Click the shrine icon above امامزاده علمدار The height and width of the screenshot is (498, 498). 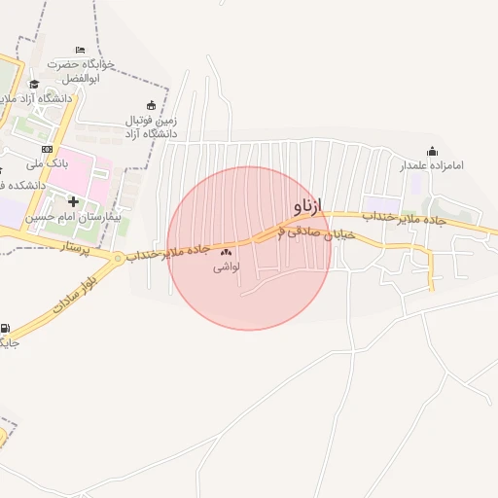(433, 151)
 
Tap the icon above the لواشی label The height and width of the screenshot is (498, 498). (226, 253)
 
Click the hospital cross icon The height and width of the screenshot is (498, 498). (73, 201)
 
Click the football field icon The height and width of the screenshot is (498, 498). (151, 105)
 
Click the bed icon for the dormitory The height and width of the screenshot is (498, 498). (80, 50)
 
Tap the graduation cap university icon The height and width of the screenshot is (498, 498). (35, 85)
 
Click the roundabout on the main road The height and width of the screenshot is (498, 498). (118, 258)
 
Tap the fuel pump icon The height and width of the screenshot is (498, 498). (7, 329)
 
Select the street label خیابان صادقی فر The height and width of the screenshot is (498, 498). (316, 230)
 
